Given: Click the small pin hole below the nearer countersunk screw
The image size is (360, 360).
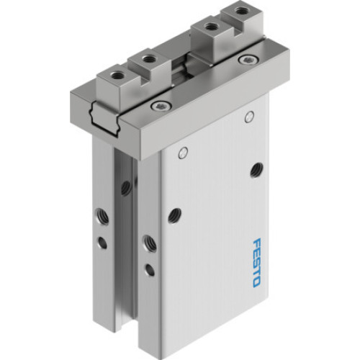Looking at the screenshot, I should pos(183,152).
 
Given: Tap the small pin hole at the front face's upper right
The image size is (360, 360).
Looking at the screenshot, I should pos(249,116).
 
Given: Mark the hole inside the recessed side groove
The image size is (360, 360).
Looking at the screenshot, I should pos(127,188).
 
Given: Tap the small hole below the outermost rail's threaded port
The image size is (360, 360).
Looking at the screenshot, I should pos(103,243).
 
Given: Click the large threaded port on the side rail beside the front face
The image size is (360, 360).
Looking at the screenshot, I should pos(149,242).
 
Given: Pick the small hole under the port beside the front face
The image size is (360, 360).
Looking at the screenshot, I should pos(150,270).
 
